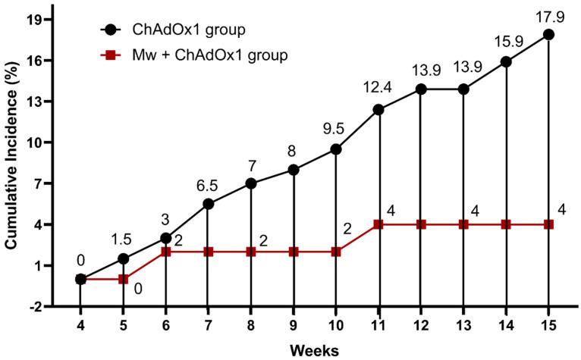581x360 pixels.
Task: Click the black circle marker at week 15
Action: (x=548, y=34)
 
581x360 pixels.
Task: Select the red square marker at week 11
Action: (x=378, y=224)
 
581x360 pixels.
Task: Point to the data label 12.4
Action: (x=378, y=89)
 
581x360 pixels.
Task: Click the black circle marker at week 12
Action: (x=420, y=89)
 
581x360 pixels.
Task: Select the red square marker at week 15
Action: (x=548, y=224)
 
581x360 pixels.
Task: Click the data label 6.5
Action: (x=207, y=183)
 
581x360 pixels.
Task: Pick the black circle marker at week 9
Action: (x=293, y=170)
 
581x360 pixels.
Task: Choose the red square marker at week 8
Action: (x=250, y=252)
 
